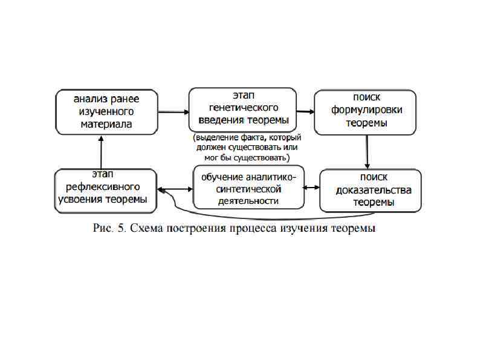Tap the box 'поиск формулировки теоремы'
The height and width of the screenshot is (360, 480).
(366, 111)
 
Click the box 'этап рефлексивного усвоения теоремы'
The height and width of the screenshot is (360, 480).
(106, 189)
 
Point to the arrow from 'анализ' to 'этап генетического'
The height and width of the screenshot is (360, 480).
(173, 112)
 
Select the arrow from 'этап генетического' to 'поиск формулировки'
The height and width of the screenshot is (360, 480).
(304, 111)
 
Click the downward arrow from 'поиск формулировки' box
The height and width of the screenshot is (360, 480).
(367, 151)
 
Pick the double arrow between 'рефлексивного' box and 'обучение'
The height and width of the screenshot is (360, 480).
(175, 189)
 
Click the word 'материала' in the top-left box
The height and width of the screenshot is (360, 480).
(106, 125)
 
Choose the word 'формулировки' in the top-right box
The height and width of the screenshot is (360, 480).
(366, 111)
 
